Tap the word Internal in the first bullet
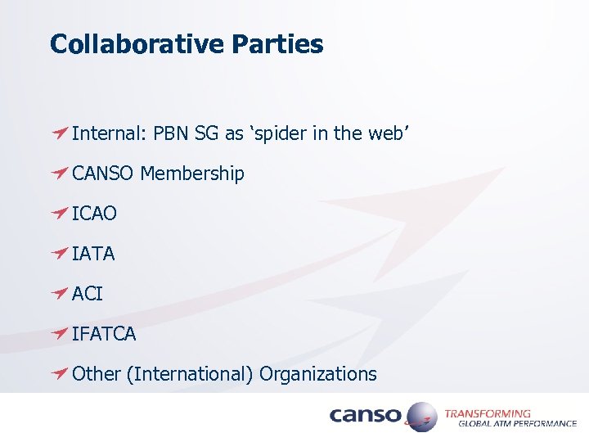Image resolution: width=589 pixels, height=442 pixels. [x=106, y=133]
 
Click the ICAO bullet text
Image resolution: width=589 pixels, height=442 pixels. [x=94, y=214]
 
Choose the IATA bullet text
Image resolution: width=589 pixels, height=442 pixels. [x=93, y=254]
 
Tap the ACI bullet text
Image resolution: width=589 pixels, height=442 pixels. [x=88, y=294]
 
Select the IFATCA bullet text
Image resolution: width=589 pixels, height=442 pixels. [x=104, y=334]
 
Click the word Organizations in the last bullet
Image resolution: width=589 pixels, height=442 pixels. [x=318, y=374]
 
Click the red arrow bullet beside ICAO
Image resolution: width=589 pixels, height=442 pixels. [x=59, y=214]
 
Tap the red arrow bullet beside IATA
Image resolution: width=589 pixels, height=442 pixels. [x=59, y=254]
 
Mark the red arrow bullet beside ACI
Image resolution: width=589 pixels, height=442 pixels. [x=59, y=294]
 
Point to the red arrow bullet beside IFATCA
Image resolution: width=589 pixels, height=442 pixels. [x=59, y=334]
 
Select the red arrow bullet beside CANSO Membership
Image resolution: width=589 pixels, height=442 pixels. [x=59, y=174]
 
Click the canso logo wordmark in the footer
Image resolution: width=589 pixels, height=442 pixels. [x=365, y=416]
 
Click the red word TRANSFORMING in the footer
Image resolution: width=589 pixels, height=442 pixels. [x=488, y=413]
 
